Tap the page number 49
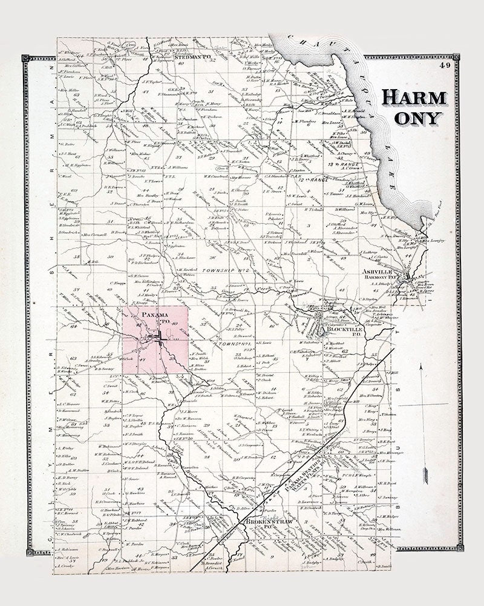446,65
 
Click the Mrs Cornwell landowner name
94,234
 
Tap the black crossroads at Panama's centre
162,342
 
